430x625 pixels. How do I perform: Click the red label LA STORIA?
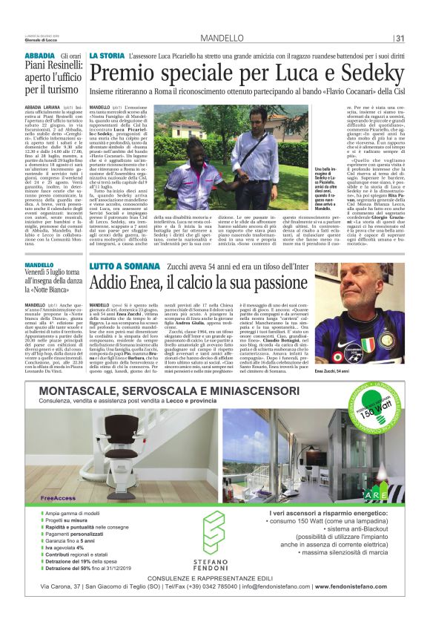click(x=107, y=56)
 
